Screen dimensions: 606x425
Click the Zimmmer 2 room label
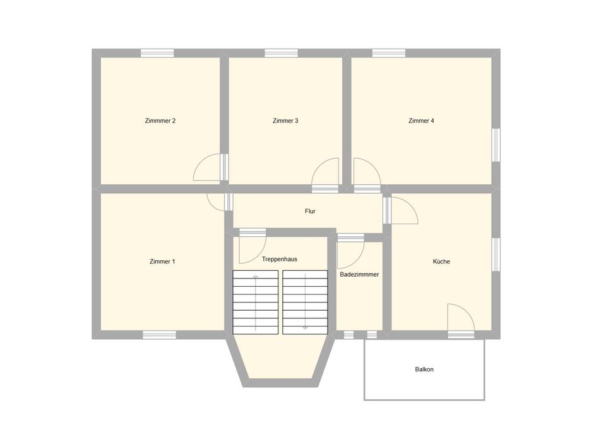point(160,121)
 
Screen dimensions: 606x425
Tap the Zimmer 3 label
point(285,121)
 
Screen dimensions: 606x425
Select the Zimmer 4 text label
point(421,121)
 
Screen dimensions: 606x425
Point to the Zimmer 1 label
point(162,261)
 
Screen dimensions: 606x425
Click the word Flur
point(310,211)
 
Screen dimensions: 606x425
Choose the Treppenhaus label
point(280,259)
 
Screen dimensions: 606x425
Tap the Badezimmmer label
point(359,274)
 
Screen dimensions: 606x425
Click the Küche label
point(441,261)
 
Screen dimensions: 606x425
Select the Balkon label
point(424,369)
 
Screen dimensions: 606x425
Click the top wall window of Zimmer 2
point(157,53)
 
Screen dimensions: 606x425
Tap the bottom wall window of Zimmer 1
point(159,335)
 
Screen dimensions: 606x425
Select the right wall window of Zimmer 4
point(496,145)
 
